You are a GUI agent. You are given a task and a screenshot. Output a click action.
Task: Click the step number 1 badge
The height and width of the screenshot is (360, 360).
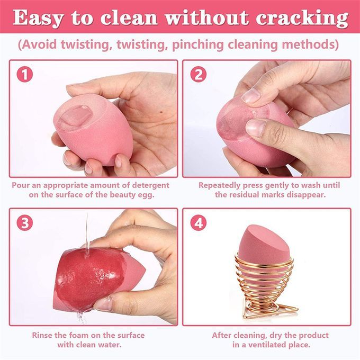coord(25,75)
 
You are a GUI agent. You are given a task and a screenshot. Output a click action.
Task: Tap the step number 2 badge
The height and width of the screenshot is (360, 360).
coord(199,75)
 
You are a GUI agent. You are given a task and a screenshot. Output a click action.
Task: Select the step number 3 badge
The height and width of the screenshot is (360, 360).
coord(25,223)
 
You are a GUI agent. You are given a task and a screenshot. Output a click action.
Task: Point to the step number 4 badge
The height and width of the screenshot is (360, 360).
coord(199,223)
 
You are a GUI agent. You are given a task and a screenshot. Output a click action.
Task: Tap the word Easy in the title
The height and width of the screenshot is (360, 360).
coord(38,19)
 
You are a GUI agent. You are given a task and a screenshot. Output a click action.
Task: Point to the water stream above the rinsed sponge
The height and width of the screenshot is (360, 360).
coord(87,232)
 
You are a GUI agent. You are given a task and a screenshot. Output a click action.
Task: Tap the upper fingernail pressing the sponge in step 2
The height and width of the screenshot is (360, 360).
coord(251,95)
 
